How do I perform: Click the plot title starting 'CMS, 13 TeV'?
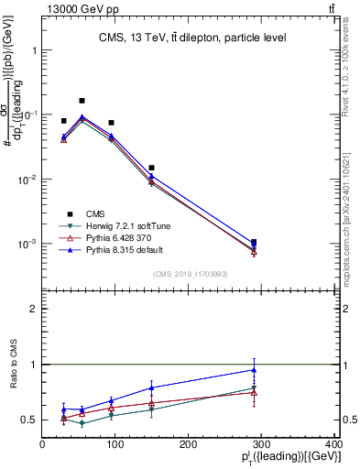(190, 38)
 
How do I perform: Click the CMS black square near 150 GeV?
(151, 168)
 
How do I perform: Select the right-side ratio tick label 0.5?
(347, 420)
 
